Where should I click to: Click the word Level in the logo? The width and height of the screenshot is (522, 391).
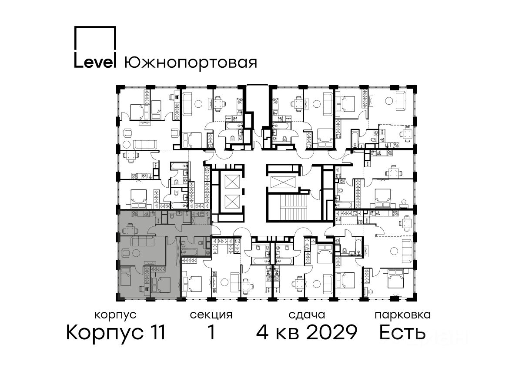(95, 62)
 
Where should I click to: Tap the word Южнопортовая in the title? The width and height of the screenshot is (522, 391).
(191, 63)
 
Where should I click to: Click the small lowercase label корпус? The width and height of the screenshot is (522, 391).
(116, 315)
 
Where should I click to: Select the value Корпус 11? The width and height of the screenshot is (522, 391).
(116, 333)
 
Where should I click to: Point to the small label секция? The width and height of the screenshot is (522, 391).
(211, 315)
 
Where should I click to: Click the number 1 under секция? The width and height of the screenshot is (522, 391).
(211, 332)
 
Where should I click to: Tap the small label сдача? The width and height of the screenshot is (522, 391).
(307, 315)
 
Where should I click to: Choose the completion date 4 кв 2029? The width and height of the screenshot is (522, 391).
(307, 332)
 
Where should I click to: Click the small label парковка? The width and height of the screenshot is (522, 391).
(403, 315)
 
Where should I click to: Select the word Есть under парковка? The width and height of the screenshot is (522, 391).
(402, 332)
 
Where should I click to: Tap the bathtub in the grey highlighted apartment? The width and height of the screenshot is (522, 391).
(189, 252)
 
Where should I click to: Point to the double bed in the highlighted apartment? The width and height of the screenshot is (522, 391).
(161, 285)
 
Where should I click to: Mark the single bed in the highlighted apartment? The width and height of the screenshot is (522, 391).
(126, 277)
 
